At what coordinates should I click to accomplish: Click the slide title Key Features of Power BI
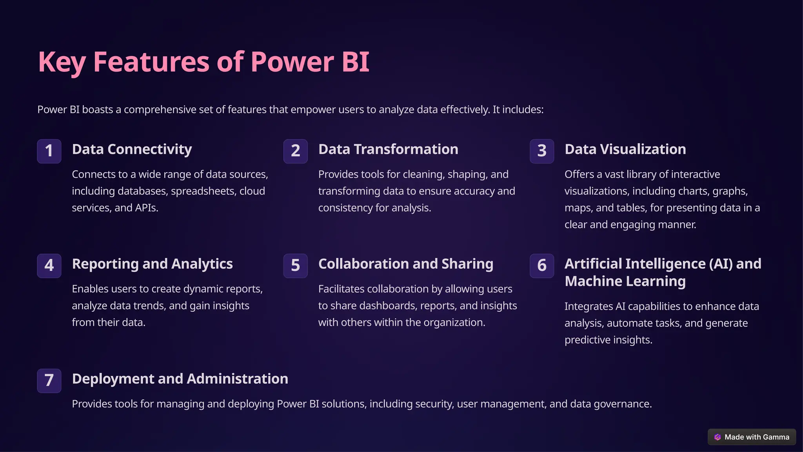tap(203, 62)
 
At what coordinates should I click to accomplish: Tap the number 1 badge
tap(49, 151)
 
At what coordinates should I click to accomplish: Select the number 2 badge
tap(295, 151)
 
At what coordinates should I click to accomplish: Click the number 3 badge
tap(541, 151)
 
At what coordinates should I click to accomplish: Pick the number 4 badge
tap(49, 266)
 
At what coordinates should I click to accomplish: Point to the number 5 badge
tap(295, 266)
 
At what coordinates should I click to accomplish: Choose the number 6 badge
tap(541, 266)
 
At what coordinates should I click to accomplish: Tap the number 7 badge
tap(49, 381)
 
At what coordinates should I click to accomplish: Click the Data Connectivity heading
tap(132, 149)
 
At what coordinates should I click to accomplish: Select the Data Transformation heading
tap(388, 149)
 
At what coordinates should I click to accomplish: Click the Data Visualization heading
tap(625, 149)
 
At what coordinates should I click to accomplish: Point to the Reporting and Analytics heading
tap(152, 264)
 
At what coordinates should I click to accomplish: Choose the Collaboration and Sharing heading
tap(405, 264)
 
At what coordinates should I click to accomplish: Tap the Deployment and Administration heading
tap(180, 379)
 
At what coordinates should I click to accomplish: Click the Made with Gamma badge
tap(752, 437)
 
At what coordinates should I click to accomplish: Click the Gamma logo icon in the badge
tap(718, 437)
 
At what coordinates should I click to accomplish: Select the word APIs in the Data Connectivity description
tap(146, 208)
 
